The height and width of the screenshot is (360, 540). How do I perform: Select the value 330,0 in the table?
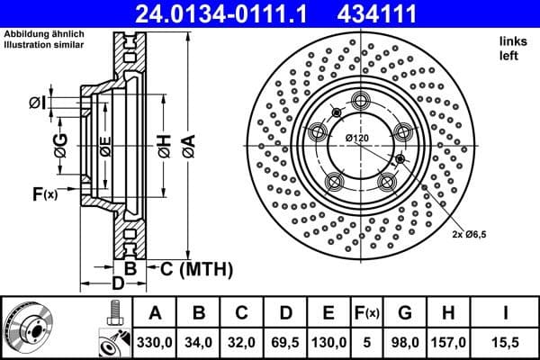click(x=155, y=342)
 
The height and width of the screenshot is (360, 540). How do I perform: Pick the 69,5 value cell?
click(x=285, y=342)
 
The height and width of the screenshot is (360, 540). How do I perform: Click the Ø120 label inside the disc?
click(x=358, y=138)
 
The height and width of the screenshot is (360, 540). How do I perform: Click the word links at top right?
click(x=511, y=42)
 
